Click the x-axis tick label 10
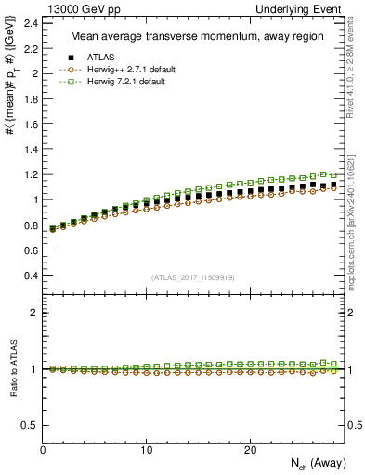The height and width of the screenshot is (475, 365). (147, 450)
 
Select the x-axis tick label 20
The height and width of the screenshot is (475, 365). (250, 450)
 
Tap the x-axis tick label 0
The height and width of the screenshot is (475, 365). (44, 450)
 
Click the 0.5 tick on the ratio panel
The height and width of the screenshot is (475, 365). (30, 425)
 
